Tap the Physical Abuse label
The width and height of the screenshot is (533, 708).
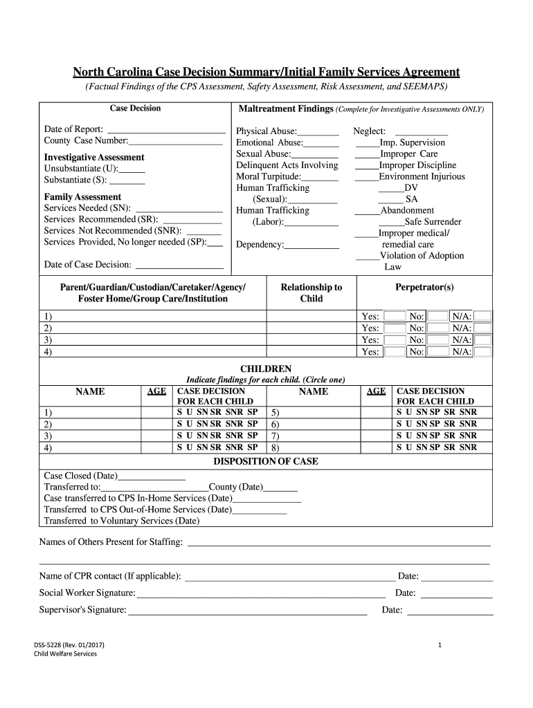click(x=266, y=131)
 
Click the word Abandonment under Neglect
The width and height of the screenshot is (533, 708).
click(x=407, y=210)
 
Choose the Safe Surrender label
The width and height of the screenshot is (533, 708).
click(x=433, y=222)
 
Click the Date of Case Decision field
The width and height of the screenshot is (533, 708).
click(x=179, y=265)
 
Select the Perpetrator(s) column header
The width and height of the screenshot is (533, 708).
click(x=424, y=287)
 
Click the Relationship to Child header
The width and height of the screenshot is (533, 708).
click(x=311, y=292)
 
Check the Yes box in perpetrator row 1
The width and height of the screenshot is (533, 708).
click(x=395, y=316)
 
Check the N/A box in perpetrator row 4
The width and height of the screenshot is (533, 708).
click(x=482, y=352)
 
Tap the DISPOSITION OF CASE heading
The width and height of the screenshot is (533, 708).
click(x=265, y=461)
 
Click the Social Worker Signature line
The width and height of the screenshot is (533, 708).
click(x=260, y=593)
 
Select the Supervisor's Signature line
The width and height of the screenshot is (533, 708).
click(x=247, y=611)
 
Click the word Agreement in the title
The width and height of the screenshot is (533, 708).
click(x=422, y=73)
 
